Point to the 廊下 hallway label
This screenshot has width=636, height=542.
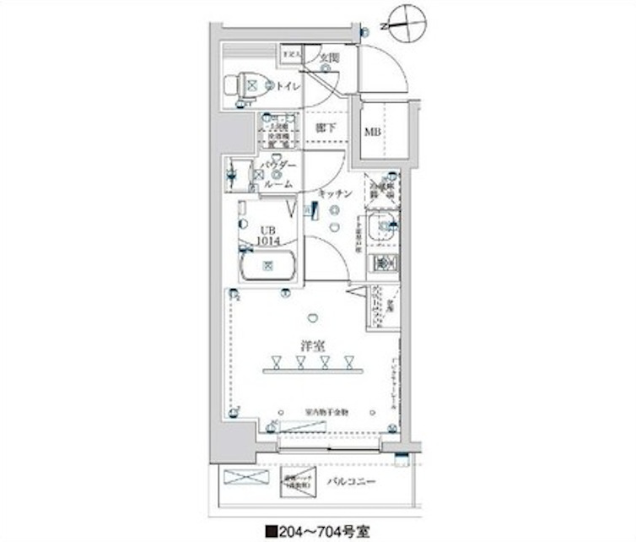326,128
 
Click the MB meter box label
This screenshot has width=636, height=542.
371,131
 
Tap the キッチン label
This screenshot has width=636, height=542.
335,194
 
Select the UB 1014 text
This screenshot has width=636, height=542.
267,235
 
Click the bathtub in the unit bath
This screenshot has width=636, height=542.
268,267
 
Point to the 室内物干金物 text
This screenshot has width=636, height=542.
326,412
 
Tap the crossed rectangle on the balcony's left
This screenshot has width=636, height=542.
246,478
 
